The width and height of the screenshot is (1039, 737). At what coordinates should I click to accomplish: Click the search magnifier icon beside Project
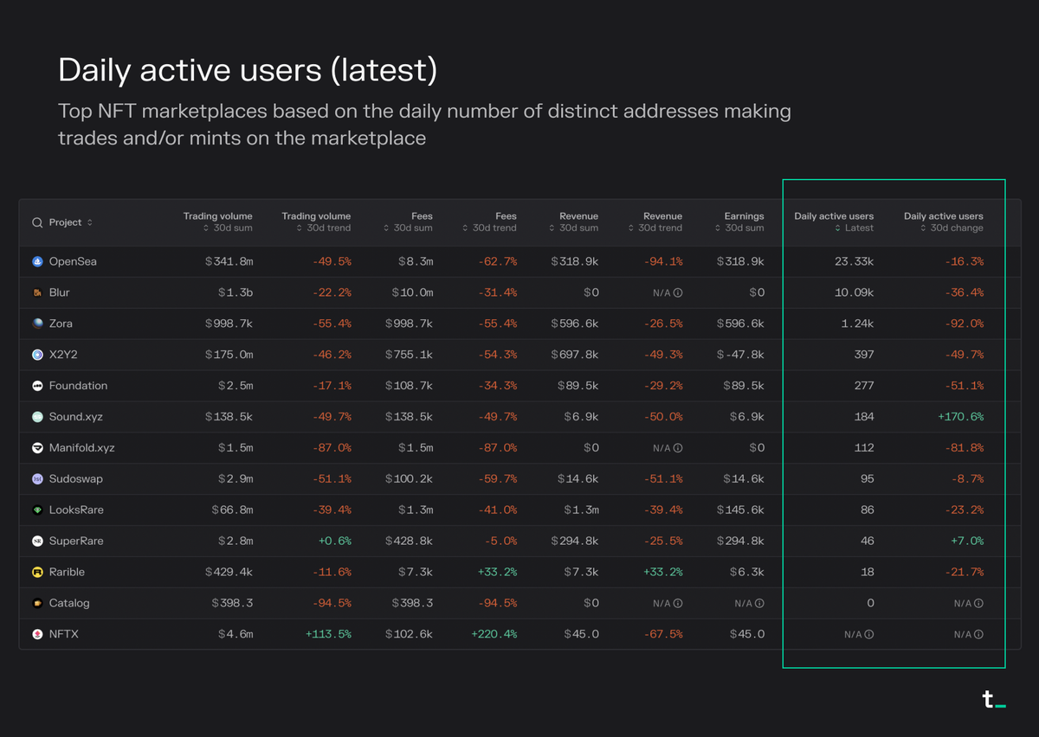(x=37, y=222)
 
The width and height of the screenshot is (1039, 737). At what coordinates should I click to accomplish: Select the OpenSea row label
(x=73, y=261)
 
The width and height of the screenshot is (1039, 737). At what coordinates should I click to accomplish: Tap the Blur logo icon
(x=37, y=292)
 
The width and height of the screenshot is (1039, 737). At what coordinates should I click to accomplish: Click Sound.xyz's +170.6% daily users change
(x=960, y=417)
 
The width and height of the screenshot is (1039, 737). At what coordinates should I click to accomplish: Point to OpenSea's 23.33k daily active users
(x=854, y=261)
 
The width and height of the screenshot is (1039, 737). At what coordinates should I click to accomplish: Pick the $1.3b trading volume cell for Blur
(x=236, y=292)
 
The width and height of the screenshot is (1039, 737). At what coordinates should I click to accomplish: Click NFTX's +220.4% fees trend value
(x=494, y=634)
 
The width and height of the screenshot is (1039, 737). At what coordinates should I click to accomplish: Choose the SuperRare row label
(x=76, y=541)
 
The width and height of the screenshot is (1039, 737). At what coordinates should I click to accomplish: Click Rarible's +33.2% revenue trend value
(x=662, y=572)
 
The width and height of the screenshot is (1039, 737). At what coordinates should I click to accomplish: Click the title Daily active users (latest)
(x=248, y=71)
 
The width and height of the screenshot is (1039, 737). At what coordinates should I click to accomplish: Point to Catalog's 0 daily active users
(x=870, y=603)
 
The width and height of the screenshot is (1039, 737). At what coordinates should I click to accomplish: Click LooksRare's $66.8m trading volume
(x=232, y=509)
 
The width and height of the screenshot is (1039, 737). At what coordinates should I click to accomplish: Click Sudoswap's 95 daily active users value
(x=867, y=478)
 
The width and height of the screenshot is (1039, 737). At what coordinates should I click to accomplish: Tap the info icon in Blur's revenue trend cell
(x=678, y=292)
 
